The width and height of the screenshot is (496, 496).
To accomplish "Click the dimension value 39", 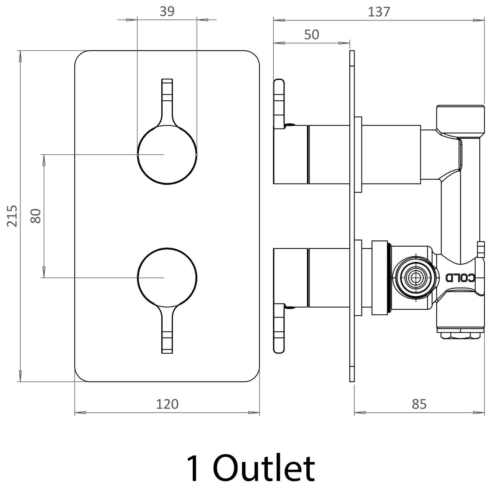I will point(167,12).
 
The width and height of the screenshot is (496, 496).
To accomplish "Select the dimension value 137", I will point(379,12).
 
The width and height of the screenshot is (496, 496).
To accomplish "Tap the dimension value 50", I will point(311,35).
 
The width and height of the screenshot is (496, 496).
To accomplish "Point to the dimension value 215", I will point(12,216).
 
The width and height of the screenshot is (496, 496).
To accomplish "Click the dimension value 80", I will point(36,216).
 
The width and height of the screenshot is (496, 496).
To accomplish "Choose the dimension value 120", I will point(167,404).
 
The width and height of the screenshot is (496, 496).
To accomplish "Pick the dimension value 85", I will point(419,404).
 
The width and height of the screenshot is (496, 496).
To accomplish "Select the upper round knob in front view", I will point(167,155).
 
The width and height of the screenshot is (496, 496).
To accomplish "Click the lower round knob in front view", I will point(167,277).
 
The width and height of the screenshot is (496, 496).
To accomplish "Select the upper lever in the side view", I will point(279,103).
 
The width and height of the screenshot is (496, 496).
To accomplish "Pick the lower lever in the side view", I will point(279,329).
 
